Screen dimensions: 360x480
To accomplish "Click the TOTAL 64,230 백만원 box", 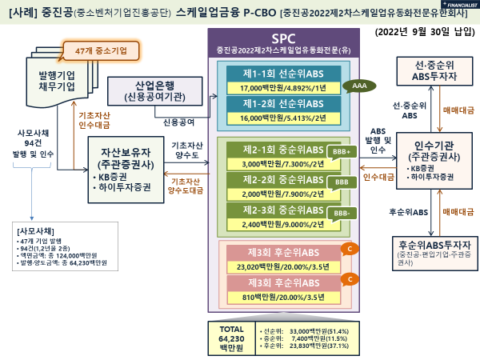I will [x=230, y=338].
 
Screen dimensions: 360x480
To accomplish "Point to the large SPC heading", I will [x=284, y=38].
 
